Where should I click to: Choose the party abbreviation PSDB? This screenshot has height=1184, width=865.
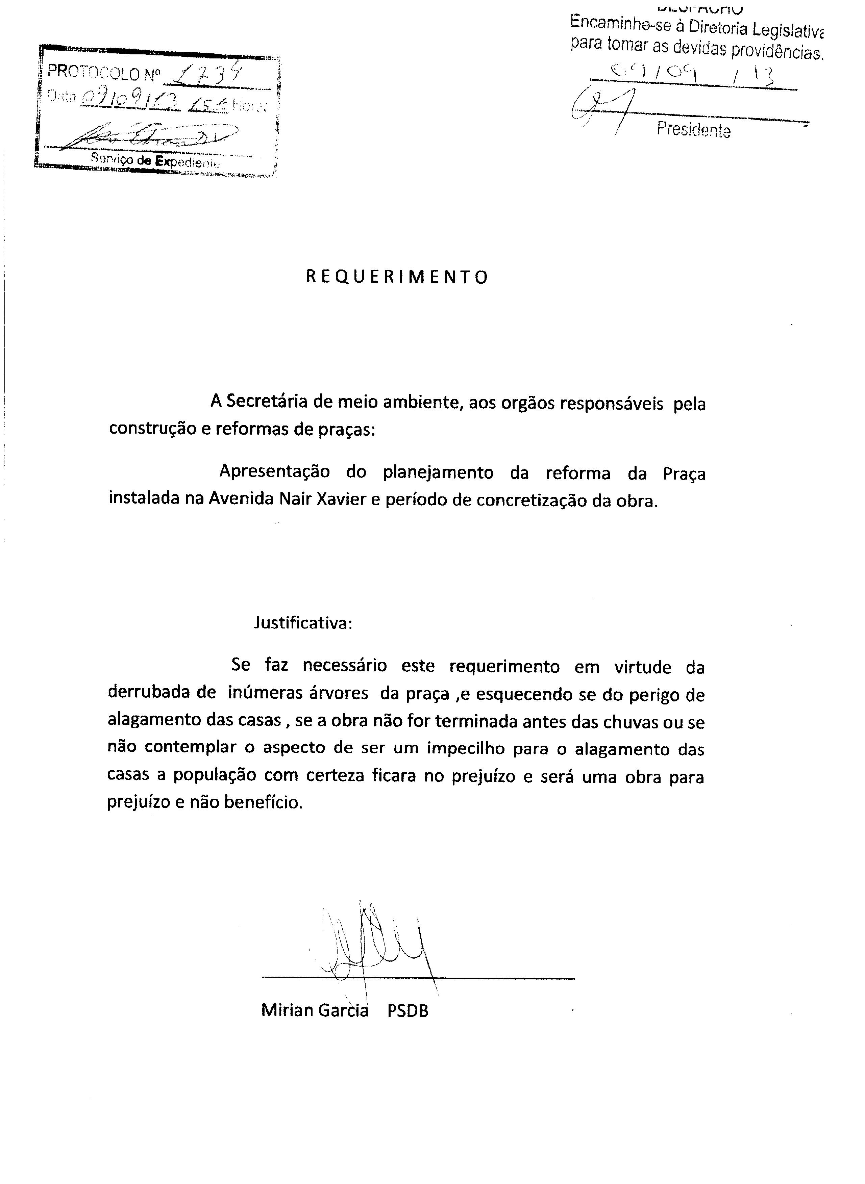coord(408,1011)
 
